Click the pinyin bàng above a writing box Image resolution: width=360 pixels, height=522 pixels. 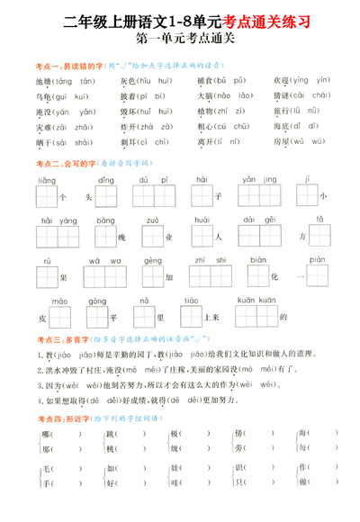[x=106, y=220]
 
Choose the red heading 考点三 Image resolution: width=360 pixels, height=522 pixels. [x=26, y=339]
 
